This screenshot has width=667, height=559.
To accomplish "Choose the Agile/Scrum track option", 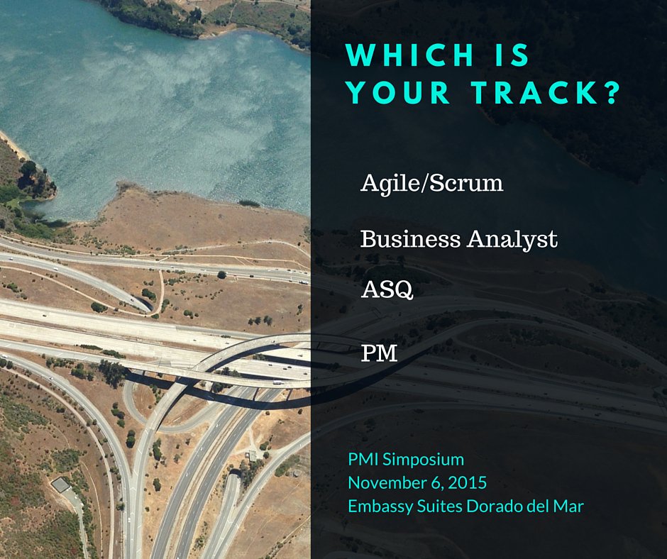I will (431, 184).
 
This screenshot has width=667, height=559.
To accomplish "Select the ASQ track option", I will (387, 291).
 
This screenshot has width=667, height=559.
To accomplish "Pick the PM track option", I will (379, 353).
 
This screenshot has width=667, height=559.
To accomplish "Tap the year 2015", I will (468, 483).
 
